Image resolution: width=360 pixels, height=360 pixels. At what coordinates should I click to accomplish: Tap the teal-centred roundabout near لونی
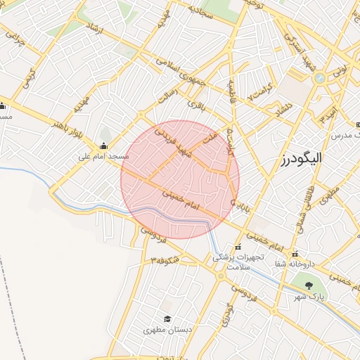coord(319,78)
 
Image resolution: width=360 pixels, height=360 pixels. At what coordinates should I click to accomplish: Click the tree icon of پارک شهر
coord(309,285)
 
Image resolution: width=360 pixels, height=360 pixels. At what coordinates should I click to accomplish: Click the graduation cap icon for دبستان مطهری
coord(167,319)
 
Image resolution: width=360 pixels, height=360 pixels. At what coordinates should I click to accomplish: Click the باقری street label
coord(195,105)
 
